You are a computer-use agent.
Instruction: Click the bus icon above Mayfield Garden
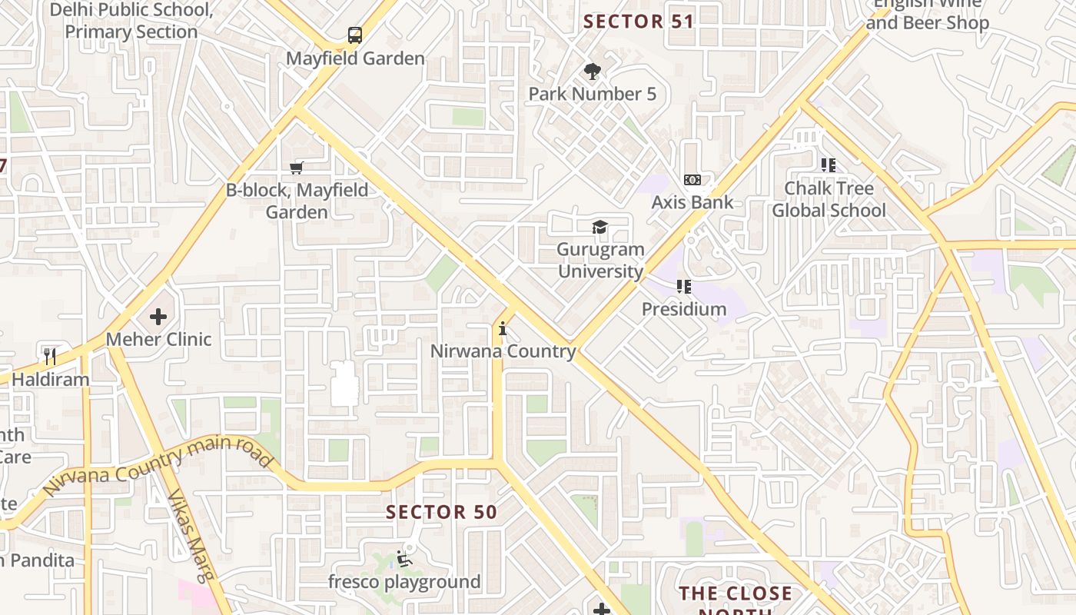[x=354, y=35]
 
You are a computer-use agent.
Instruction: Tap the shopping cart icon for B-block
[x=297, y=167]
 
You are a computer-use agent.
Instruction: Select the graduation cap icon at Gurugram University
[x=599, y=227]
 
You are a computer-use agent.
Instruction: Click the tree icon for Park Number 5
[x=592, y=71]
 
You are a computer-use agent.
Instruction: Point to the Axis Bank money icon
[x=692, y=180]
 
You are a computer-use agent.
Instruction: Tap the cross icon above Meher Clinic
[x=158, y=316]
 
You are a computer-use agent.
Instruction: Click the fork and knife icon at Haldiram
[x=51, y=356]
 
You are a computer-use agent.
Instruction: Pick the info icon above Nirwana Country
[x=503, y=329]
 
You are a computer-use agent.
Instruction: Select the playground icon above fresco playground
[x=404, y=559]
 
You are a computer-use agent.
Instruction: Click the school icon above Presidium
[x=684, y=287]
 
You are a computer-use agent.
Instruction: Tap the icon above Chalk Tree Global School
[x=829, y=165]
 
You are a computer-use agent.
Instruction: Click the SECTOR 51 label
[x=639, y=22]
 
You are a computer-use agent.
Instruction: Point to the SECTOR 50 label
[x=441, y=512]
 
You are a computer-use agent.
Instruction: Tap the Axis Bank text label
[x=692, y=202]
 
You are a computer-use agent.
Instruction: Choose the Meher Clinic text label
[x=158, y=339]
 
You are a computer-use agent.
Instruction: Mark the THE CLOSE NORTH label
[x=736, y=594]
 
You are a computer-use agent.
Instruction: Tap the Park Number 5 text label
[x=592, y=94]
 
